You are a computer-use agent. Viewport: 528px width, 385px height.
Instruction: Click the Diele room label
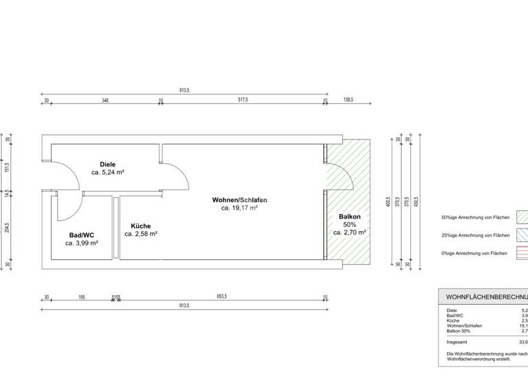[x=107, y=164]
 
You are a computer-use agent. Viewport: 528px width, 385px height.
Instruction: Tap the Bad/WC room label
[x=82, y=234]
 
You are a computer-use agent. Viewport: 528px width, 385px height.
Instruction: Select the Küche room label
[x=141, y=225]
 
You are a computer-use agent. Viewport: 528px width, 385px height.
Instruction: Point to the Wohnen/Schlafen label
[x=239, y=199]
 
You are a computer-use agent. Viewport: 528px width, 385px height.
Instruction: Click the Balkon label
[x=349, y=217]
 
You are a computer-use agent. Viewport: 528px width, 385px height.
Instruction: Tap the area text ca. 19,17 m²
[x=239, y=208]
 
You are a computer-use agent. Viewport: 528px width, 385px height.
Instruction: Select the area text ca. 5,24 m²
[x=107, y=173]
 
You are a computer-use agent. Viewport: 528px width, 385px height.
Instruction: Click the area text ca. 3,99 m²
[x=82, y=243]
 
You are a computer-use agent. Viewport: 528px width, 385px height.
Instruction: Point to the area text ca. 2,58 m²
[x=141, y=234]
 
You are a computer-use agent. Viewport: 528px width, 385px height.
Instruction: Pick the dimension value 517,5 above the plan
[x=243, y=100]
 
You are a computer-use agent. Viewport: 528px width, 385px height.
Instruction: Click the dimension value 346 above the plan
[x=105, y=100]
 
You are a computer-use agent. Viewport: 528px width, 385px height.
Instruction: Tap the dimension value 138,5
[x=348, y=100]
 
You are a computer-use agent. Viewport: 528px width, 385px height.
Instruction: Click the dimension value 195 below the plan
[x=81, y=297]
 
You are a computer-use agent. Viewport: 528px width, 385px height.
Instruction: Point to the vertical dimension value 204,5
[x=8, y=229]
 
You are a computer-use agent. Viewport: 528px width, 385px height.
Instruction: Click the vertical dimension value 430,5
[x=415, y=200]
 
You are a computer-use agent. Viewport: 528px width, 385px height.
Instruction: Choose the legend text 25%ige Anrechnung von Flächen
[x=475, y=235]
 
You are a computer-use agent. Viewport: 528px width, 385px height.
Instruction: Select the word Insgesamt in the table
[x=456, y=340]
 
